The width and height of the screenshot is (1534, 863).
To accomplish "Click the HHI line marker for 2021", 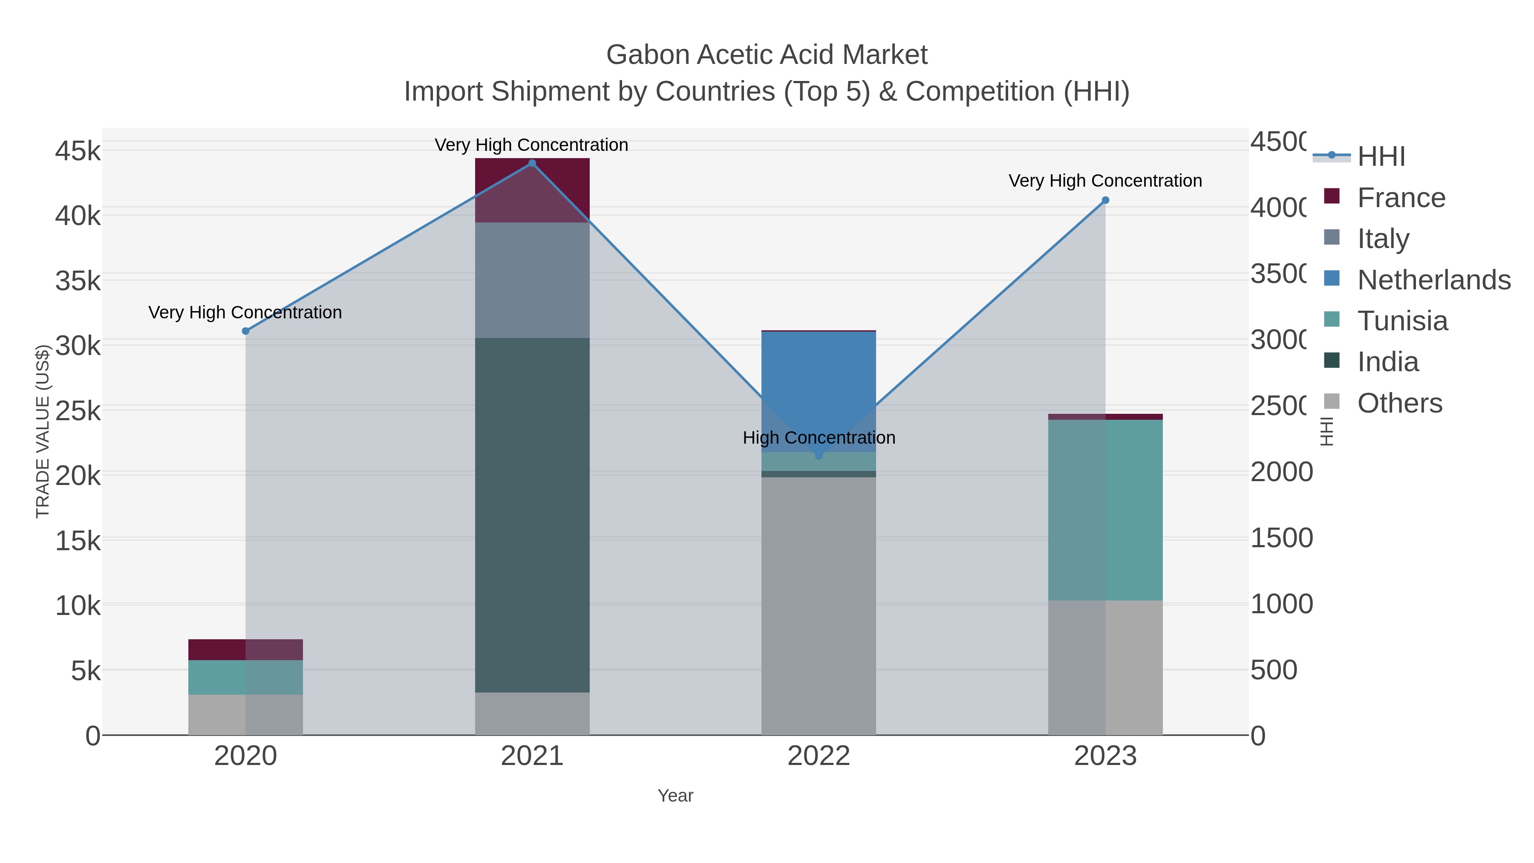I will [x=532, y=163].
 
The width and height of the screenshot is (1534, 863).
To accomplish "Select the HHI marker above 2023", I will [x=1105, y=200].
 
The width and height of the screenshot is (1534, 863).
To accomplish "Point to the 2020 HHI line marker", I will [x=245, y=331].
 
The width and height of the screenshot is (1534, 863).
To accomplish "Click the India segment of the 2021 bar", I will [x=532, y=515].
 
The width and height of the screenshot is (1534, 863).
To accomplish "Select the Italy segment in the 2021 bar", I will [x=532, y=280].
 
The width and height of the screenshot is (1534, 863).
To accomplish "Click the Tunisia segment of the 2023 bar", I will [x=1105, y=510].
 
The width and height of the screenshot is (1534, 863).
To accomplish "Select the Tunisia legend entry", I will [x=1402, y=321].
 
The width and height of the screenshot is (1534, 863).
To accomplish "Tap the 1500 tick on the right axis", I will [x=1281, y=538].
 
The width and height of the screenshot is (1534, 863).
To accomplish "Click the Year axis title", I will [x=675, y=796].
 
